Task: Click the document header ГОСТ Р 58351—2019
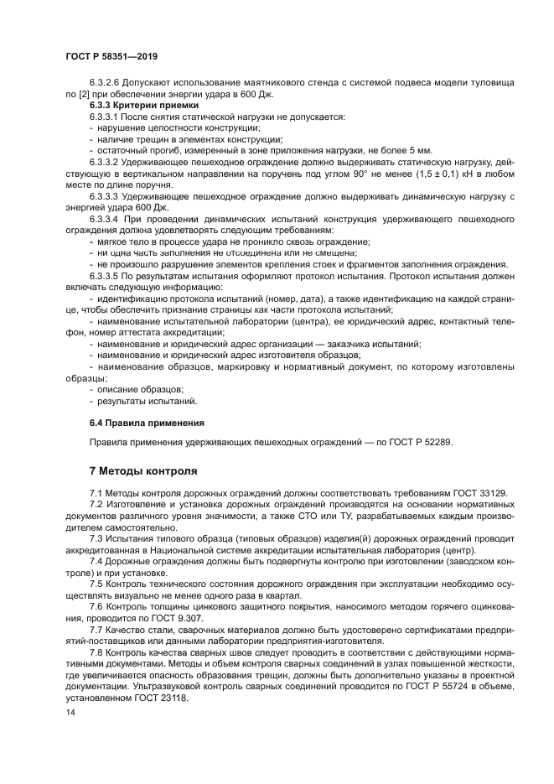111,55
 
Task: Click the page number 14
70,711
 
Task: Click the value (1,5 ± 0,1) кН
414,173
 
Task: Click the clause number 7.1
97,492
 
